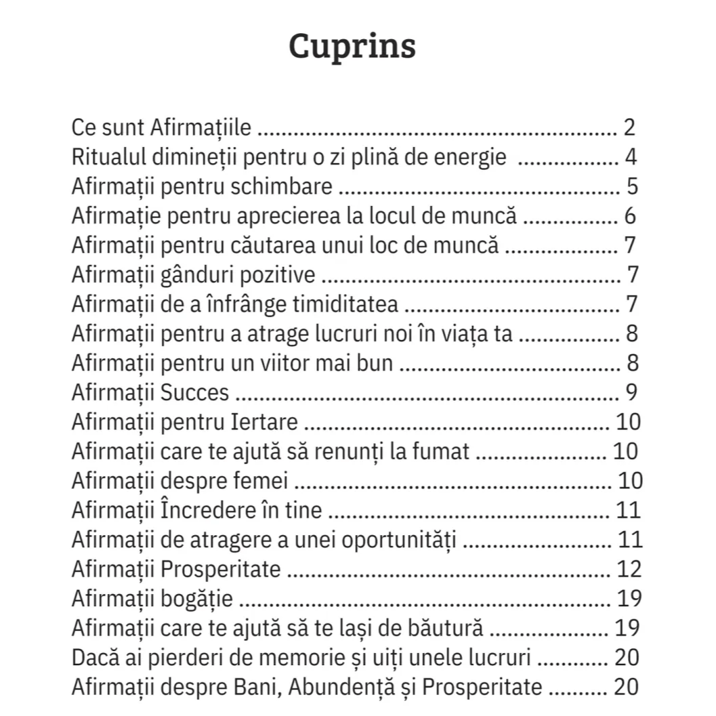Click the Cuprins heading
pos(352,46)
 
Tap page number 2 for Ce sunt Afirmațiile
pos(629,127)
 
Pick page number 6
pos(630,216)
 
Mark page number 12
pos(629,569)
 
